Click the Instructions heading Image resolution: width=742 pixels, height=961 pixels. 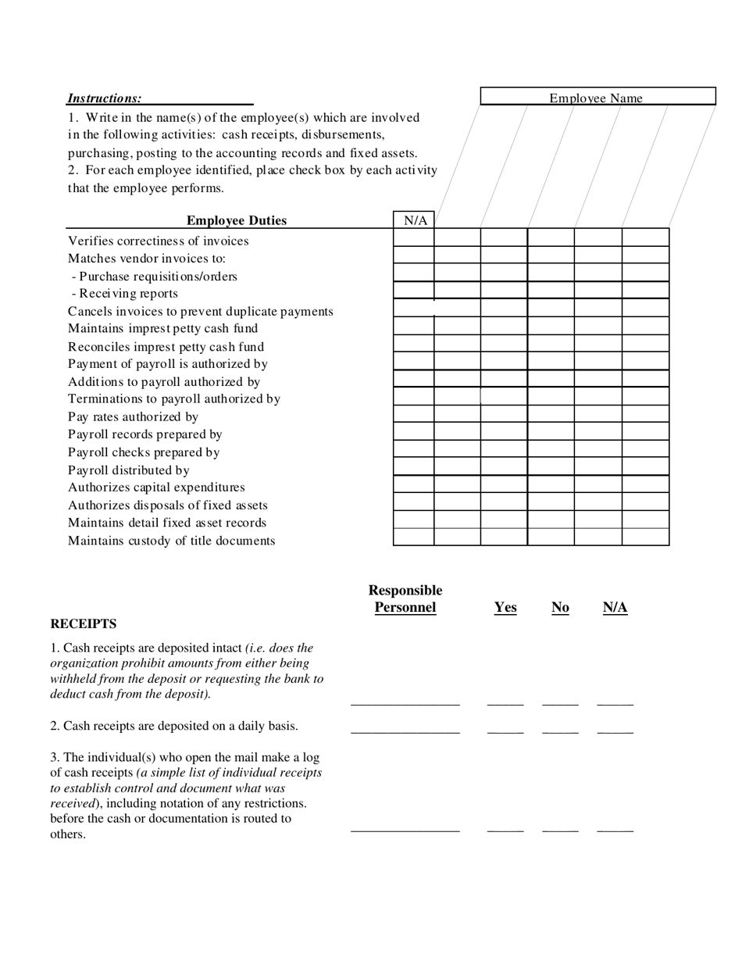pyautogui.click(x=105, y=98)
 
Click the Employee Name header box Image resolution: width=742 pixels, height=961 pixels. pyautogui.click(x=597, y=97)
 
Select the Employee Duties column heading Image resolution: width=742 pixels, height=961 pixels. pyautogui.click(x=237, y=221)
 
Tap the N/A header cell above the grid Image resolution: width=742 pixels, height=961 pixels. pyautogui.click(x=415, y=220)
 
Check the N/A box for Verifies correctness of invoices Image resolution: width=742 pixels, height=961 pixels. pyautogui.click(x=413, y=238)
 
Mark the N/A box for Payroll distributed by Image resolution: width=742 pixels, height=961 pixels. pyautogui.click(x=413, y=466)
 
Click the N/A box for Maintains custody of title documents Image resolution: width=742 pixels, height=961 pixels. pyautogui.click(x=413, y=537)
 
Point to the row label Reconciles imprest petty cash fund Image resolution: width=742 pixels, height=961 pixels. pyautogui.click(x=166, y=347)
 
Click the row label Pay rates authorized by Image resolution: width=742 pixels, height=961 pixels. pyautogui.click(x=133, y=417)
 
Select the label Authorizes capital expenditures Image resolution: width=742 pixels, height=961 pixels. pyautogui.click(x=156, y=488)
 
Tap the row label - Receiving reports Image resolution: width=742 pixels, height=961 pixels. pyautogui.click(x=124, y=294)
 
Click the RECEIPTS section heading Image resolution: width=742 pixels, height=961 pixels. pyautogui.click(x=84, y=624)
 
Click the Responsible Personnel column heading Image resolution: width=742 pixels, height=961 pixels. pyautogui.click(x=405, y=599)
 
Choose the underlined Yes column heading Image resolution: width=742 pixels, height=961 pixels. pyautogui.click(x=505, y=608)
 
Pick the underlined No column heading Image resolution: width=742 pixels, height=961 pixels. pyautogui.click(x=560, y=608)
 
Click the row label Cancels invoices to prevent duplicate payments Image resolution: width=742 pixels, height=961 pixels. pyautogui.click(x=200, y=312)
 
